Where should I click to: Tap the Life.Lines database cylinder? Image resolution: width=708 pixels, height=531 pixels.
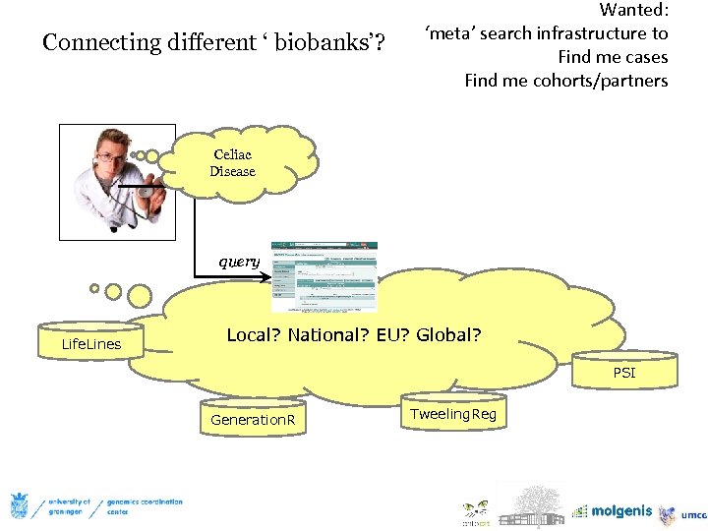[x=91, y=343]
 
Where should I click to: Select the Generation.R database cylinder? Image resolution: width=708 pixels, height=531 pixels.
[x=253, y=420]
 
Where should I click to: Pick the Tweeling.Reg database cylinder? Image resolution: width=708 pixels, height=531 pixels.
[x=453, y=414]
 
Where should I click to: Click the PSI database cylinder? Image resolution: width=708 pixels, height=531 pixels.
[x=624, y=373]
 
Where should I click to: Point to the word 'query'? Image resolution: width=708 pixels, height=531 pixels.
[x=238, y=262]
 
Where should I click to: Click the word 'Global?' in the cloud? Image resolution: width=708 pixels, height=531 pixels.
[x=448, y=335]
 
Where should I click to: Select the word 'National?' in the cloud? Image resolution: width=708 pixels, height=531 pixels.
[x=329, y=335]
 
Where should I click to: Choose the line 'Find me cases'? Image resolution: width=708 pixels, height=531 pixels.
[x=613, y=57]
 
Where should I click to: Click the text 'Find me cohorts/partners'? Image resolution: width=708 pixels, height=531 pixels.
[x=565, y=81]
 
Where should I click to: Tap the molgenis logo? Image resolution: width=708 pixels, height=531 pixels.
[x=614, y=511]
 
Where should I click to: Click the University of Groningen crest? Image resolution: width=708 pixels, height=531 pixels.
[x=19, y=506]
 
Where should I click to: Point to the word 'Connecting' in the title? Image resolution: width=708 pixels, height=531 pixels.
[x=101, y=43]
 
